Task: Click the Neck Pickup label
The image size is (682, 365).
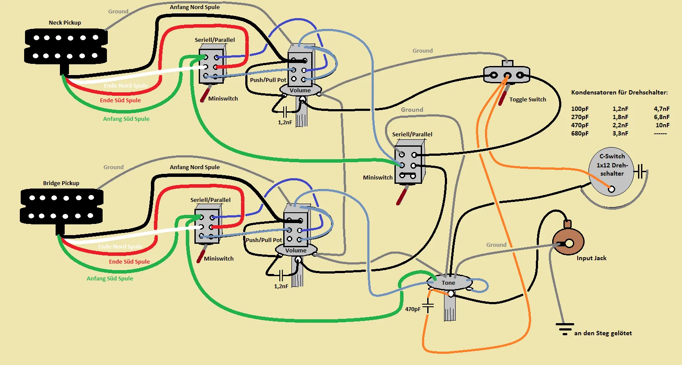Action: [x=65, y=23]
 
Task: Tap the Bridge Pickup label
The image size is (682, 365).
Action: [x=61, y=183]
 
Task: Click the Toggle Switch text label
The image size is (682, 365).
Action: [x=527, y=100]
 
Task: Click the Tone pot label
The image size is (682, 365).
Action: [x=448, y=283]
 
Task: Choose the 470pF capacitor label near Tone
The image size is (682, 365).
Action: [x=413, y=309]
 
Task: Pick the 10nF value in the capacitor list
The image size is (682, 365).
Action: [x=662, y=126]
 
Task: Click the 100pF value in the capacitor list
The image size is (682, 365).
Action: [x=579, y=109]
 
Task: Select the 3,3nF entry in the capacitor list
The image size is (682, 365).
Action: [x=620, y=134]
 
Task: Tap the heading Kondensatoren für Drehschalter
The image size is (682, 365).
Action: [x=619, y=92]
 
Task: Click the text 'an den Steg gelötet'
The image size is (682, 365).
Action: [x=603, y=334]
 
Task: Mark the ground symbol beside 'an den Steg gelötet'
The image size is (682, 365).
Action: [x=564, y=329]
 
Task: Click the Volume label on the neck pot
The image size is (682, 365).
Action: [x=300, y=91]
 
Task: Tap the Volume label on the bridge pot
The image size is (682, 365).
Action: [x=296, y=251]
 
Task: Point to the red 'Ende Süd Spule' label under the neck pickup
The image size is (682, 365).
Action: [x=120, y=101]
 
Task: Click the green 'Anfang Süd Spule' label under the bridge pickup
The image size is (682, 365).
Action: [x=110, y=279]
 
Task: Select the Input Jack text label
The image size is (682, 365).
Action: [x=591, y=258]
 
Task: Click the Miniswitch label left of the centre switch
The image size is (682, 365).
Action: [x=378, y=178]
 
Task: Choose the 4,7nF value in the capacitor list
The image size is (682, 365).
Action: [x=662, y=109]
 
